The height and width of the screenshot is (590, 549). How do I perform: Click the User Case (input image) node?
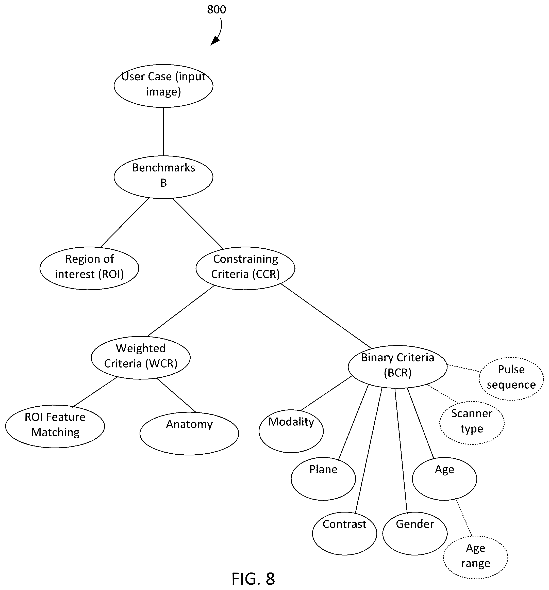[x=163, y=86]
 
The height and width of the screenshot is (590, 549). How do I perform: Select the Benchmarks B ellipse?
[x=163, y=177]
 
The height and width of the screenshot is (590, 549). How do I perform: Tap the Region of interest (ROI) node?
[x=89, y=268]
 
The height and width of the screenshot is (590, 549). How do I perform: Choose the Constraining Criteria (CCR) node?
[x=245, y=268]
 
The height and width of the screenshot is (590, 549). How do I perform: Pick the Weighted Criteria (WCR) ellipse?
[x=141, y=357]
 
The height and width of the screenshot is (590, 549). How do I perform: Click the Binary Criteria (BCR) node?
[x=397, y=366]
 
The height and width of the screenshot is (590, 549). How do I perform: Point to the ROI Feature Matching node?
[x=55, y=426]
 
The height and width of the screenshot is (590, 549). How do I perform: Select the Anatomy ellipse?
[x=189, y=433]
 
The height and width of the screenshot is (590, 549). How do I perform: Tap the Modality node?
[x=291, y=431]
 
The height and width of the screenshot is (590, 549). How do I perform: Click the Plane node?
[x=323, y=479]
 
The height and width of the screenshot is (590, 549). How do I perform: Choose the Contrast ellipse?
[x=344, y=533]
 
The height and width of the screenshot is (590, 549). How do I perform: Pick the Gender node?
[x=415, y=533]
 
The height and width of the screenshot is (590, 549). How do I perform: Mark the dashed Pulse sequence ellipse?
[x=511, y=379]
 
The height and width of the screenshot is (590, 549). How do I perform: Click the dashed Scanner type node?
[x=472, y=423]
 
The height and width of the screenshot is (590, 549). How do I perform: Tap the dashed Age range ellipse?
[x=475, y=557]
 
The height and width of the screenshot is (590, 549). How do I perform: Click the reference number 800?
[x=216, y=9]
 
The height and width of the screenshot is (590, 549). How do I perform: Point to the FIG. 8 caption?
[x=253, y=578]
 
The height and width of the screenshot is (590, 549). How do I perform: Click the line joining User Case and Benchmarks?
[x=163, y=132]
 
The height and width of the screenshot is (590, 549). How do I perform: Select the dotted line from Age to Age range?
[x=463, y=518]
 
